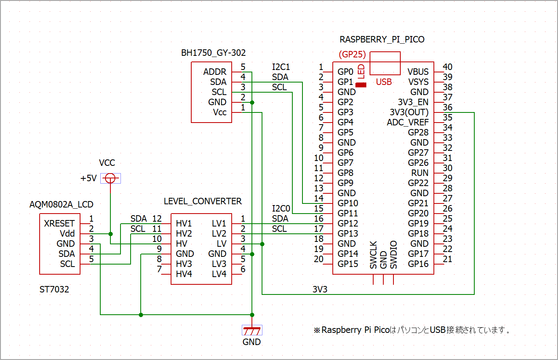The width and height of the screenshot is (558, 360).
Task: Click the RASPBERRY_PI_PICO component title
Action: pos(382,39)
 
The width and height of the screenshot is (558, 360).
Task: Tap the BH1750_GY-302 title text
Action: pos(213,53)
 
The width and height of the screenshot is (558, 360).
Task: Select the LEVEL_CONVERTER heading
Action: pos(203,201)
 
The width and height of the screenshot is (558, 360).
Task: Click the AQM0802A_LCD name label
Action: pos(61,205)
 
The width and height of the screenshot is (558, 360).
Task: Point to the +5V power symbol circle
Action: pos(110,178)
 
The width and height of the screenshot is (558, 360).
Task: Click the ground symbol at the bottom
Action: pos(252,330)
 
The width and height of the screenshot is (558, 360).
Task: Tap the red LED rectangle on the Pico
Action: pos(361,85)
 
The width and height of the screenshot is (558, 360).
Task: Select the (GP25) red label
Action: pos(352,54)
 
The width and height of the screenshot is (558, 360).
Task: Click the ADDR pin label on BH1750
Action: pos(215,72)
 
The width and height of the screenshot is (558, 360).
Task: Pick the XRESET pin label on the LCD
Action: pos(59,223)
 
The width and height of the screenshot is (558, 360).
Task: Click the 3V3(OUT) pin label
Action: pos(409,112)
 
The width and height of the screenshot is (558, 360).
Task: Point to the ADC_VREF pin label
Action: pos(408,123)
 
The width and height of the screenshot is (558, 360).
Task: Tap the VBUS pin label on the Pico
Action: pos(418,72)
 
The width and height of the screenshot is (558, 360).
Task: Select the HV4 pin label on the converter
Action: pos(184,274)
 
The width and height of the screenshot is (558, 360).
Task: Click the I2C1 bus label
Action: pos(281,67)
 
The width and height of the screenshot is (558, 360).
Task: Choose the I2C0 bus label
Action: pos(281,209)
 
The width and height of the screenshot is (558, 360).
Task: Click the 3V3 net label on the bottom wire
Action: pos(320,290)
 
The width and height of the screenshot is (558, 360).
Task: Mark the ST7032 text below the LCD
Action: pos(54,290)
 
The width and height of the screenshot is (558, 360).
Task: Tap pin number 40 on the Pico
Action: pos(447,67)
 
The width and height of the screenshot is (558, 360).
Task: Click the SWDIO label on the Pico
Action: pos(393,254)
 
